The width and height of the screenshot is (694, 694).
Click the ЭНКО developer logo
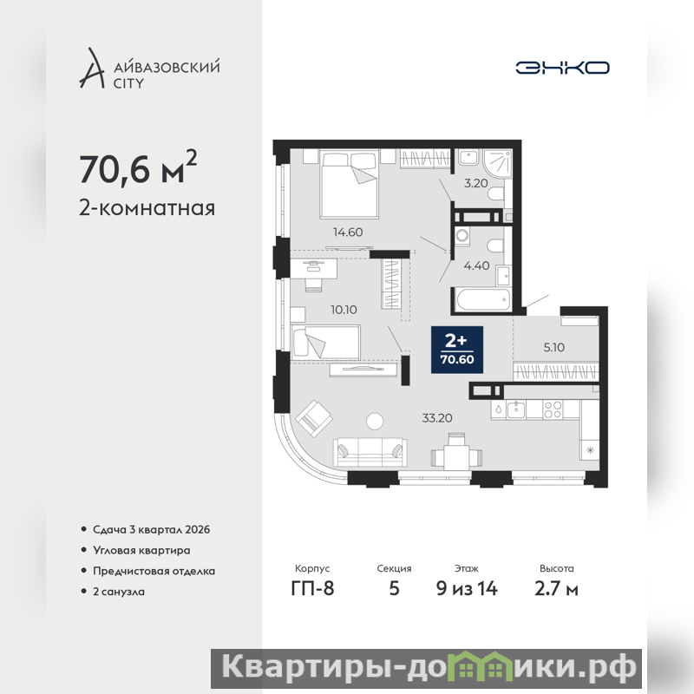click(562, 68)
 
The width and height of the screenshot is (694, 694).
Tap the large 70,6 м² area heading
click(138, 167)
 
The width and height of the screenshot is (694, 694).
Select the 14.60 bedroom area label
click(348, 232)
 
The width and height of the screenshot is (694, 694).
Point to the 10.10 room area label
click(344, 310)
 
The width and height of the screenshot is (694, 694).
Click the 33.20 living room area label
click(437, 418)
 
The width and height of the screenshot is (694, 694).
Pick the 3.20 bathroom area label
click(475, 183)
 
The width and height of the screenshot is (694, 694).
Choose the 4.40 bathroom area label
click(476, 265)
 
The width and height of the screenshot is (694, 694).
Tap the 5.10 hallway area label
click(554, 348)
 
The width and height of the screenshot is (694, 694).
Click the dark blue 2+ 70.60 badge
click(457, 350)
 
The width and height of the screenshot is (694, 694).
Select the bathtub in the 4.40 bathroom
click(483, 299)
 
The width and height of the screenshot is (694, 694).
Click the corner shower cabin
click(498, 163)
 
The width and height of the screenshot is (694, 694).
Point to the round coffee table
click(375, 421)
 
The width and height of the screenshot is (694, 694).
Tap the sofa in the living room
click(370, 452)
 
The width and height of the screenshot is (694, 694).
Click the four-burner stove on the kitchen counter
click(553, 409)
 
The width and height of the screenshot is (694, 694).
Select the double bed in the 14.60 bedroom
click(350, 184)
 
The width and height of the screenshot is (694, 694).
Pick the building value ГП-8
click(312, 589)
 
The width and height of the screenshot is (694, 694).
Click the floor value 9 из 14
click(467, 589)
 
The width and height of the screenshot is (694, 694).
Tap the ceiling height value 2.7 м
click(556, 589)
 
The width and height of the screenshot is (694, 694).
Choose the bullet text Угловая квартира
click(141, 550)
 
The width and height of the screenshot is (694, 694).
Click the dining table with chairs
click(457, 452)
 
